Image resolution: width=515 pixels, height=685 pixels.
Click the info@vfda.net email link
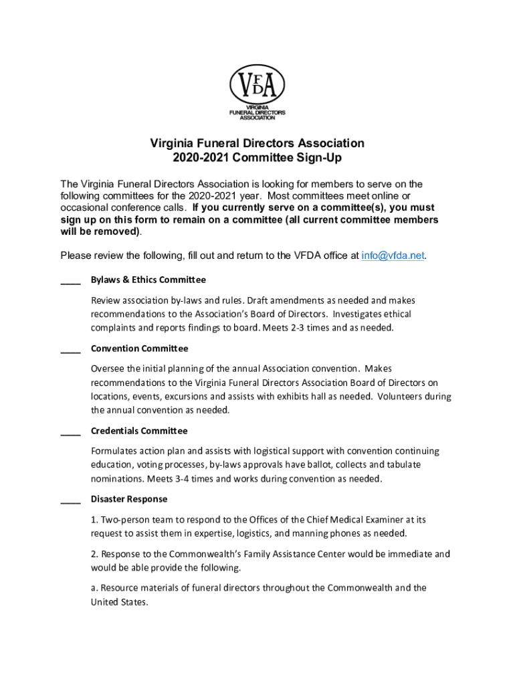pyautogui.click(x=393, y=256)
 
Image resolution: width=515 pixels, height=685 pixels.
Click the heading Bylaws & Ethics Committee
pyautogui.click(x=148, y=280)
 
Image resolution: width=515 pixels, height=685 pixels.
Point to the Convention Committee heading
pyautogui.click(x=140, y=349)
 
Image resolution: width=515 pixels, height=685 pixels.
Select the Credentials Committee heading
pyautogui.click(x=139, y=431)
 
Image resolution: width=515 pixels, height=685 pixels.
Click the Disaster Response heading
pyautogui.click(x=129, y=499)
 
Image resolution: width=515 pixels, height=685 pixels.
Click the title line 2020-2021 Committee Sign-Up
pyautogui.click(x=257, y=159)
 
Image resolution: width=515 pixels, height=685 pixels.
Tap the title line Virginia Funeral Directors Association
pyautogui.click(x=257, y=143)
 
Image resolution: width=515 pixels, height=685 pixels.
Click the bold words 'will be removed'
pyautogui.click(x=100, y=231)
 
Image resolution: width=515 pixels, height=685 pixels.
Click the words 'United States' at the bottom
pyautogui.click(x=118, y=602)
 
